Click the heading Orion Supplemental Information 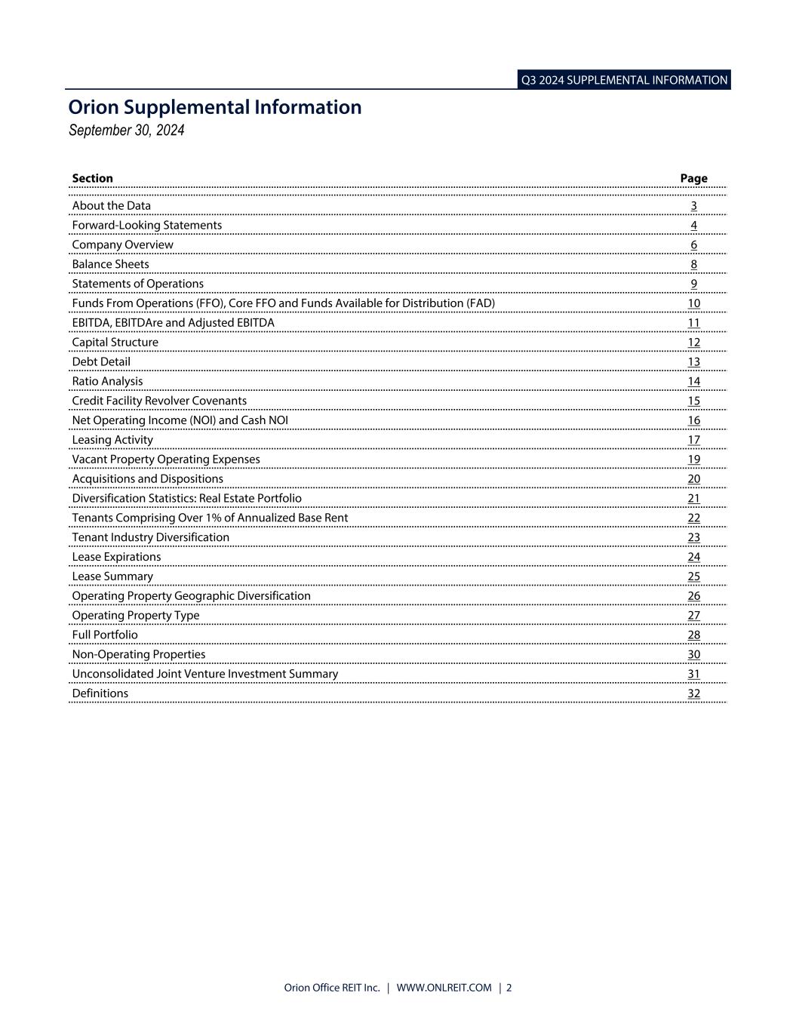click(x=215, y=107)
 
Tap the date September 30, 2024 click(x=126, y=131)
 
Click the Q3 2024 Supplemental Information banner click(x=624, y=80)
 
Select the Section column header click(x=92, y=179)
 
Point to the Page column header click(x=693, y=179)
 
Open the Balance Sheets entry click(x=110, y=264)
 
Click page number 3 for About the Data click(x=693, y=206)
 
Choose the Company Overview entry click(x=122, y=244)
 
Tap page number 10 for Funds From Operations click(x=693, y=303)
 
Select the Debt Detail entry click(x=101, y=361)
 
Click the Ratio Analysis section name click(x=107, y=381)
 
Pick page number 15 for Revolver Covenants click(x=693, y=401)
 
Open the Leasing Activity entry click(x=112, y=440)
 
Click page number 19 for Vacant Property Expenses click(x=693, y=460)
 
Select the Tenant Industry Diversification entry click(x=150, y=537)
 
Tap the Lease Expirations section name click(x=116, y=557)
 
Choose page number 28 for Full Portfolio click(x=693, y=635)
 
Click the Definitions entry click(x=100, y=693)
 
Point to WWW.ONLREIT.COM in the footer click(x=444, y=988)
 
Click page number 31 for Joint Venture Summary click(x=693, y=674)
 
